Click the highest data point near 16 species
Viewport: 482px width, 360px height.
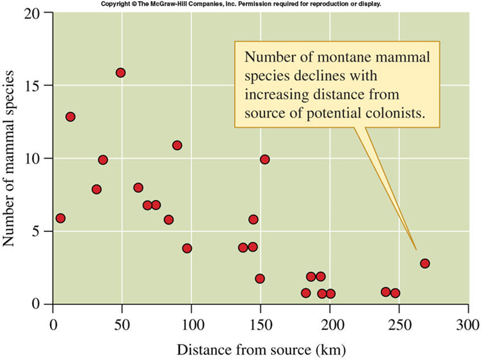coord(121,73)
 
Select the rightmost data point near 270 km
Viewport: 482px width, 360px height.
coord(425,263)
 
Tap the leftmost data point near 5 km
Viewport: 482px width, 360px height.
coord(60,218)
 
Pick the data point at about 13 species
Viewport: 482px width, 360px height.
coord(71,117)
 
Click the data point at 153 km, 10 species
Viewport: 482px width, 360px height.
coord(265,159)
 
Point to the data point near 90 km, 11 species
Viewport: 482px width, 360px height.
coord(177,145)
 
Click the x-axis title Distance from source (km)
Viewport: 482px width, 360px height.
coord(260,347)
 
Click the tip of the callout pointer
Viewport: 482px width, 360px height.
coord(417,250)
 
